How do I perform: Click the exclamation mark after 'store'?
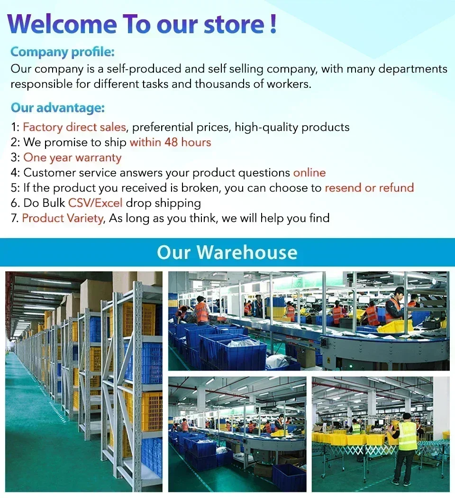pyautogui.click(x=273, y=24)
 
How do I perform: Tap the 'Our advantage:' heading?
pyautogui.click(x=58, y=108)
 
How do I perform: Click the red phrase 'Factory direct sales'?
pyautogui.click(x=74, y=127)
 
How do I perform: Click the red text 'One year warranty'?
pyautogui.click(x=73, y=157)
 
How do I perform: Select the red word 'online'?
pyautogui.click(x=309, y=173)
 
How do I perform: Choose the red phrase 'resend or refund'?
pyautogui.click(x=369, y=188)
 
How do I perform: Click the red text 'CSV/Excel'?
pyautogui.click(x=95, y=203)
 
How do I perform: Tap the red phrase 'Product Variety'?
pyautogui.click(x=63, y=218)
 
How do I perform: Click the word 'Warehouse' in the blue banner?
pyautogui.click(x=247, y=252)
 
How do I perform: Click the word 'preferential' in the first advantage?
pyautogui.click(x=162, y=128)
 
